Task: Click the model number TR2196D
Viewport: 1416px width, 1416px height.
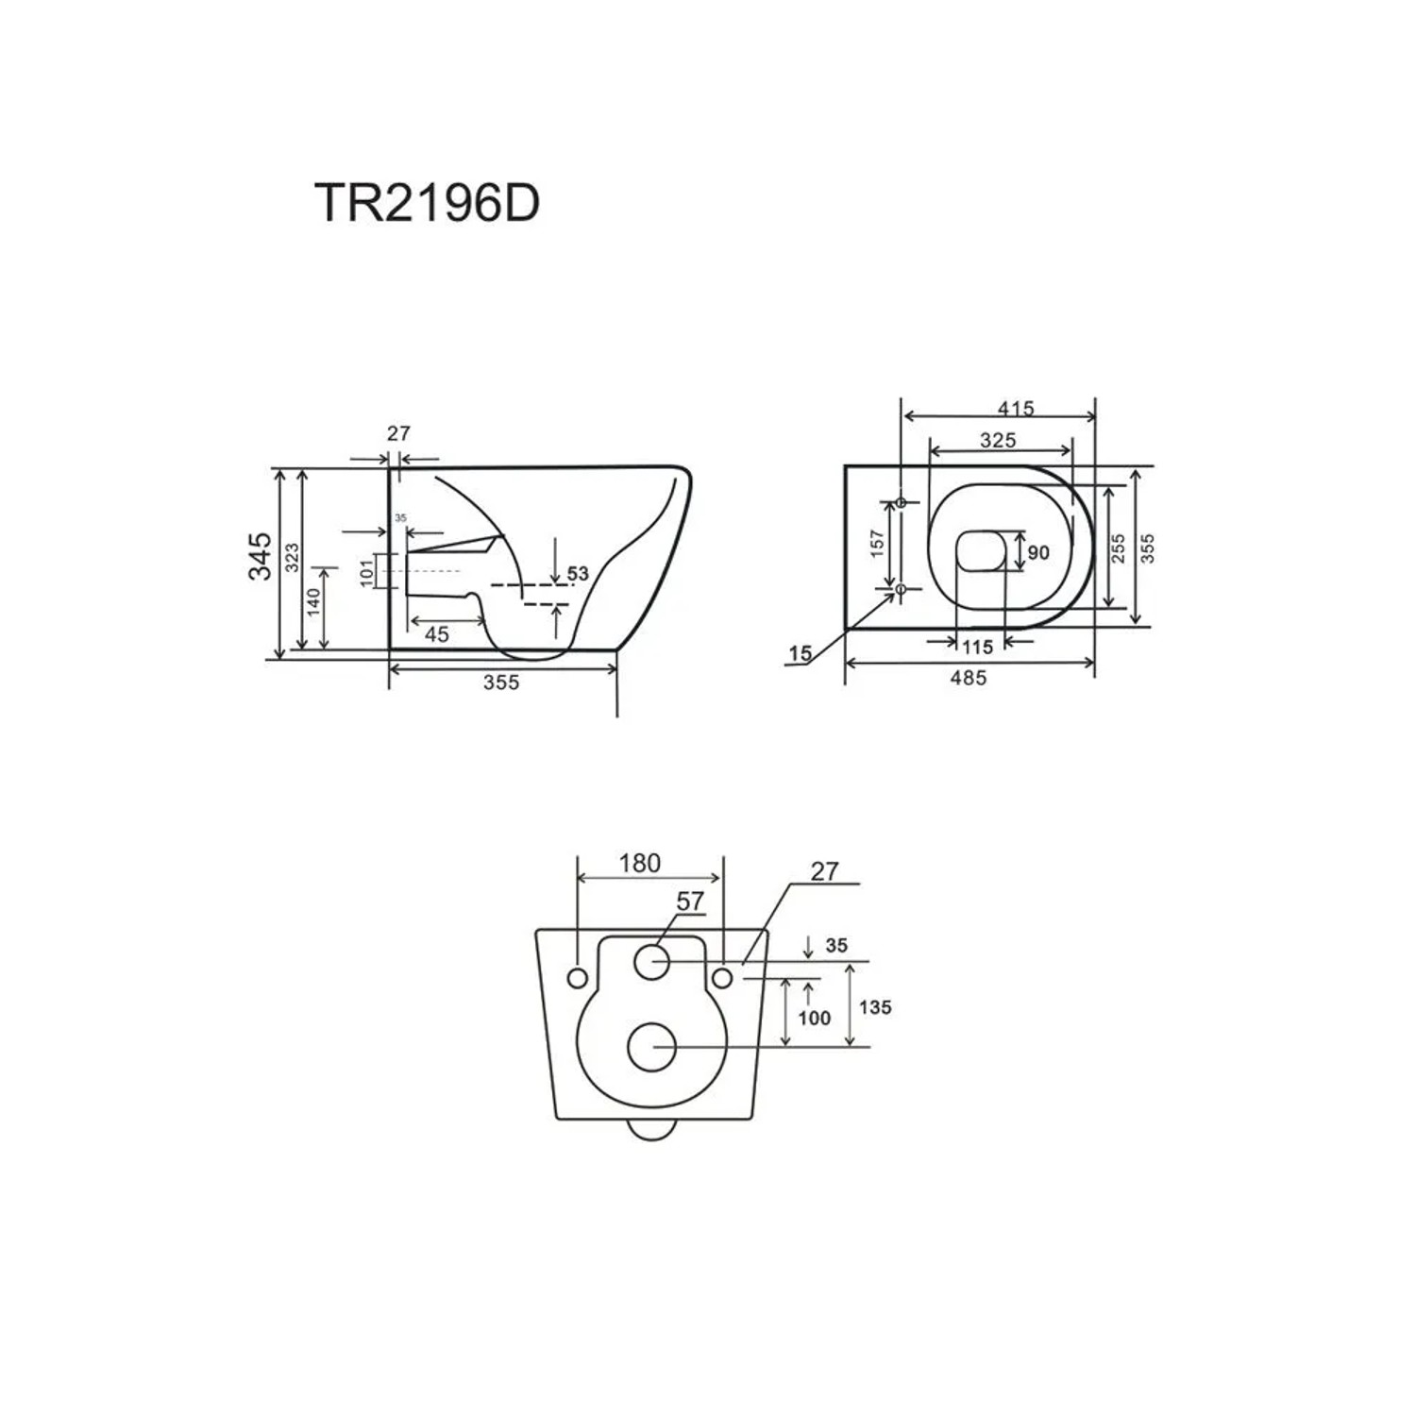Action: (427, 202)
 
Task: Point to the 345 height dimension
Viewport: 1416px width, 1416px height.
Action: (260, 556)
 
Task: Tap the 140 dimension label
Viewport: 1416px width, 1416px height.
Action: (313, 601)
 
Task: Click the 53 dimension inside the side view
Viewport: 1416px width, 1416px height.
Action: (578, 573)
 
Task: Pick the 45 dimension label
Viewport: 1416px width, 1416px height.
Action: (436, 634)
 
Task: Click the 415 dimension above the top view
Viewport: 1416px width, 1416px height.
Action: (1016, 409)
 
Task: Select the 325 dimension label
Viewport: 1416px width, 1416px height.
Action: (998, 440)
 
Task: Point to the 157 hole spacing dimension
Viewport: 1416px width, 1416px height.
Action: (877, 544)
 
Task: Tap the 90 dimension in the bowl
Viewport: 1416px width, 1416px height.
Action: (1038, 552)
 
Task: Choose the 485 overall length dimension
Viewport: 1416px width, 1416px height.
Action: (969, 678)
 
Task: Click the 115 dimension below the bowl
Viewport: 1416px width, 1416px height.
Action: (978, 647)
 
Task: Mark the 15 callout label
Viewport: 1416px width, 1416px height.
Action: (800, 653)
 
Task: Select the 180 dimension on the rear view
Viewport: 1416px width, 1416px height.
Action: (639, 863)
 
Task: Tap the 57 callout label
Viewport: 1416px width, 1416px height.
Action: (690, 902)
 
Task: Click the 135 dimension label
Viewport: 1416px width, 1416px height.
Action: (875, 1007)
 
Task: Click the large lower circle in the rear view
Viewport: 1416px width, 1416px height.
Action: (651, 1048)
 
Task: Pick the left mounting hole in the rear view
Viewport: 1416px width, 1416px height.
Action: (577, 978)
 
